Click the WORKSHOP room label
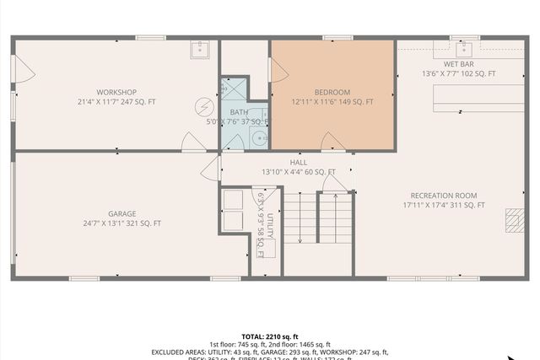[116, 92]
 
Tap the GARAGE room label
[121, 213]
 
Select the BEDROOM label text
[332, 92]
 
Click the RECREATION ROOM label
[443, 195]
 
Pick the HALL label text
[299, 162]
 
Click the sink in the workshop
[200, 49]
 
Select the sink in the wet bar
[463, 46]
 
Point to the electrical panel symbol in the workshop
[205, 105]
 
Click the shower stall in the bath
[230, 88]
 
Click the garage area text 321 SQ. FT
[143, 223]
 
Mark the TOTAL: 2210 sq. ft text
[270, 335]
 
